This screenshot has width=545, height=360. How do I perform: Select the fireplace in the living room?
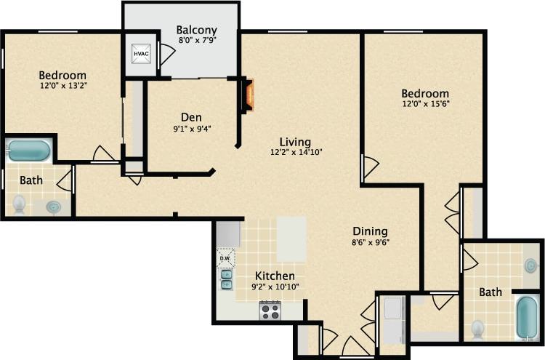(249, 95)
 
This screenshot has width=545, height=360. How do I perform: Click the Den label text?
(191, 117)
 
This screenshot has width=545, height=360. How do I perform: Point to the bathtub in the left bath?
(29, 151)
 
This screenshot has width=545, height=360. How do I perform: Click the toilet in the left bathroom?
(19, 206)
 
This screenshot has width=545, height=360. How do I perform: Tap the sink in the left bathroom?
(54, 207)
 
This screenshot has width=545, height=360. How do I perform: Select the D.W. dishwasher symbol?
(225, 257)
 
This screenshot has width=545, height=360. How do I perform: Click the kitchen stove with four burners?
(270, 311)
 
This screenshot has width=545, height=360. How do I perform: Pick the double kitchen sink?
(226, 279)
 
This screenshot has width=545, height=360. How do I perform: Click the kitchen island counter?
(291, 239)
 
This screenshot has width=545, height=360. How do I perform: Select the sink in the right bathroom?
(531, 265)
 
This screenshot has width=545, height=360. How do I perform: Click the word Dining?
(371, 231)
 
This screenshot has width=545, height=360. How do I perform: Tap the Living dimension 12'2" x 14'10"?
(296, 153)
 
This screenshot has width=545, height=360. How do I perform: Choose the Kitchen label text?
(275, 276)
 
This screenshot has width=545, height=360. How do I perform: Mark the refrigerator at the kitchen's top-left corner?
(228, 234)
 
